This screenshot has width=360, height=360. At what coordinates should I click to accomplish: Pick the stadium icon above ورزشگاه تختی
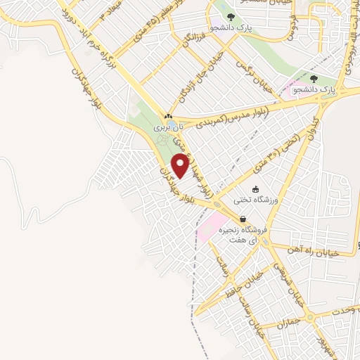pos(256,188)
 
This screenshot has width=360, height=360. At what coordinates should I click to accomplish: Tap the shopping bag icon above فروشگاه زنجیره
pos(243,219)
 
